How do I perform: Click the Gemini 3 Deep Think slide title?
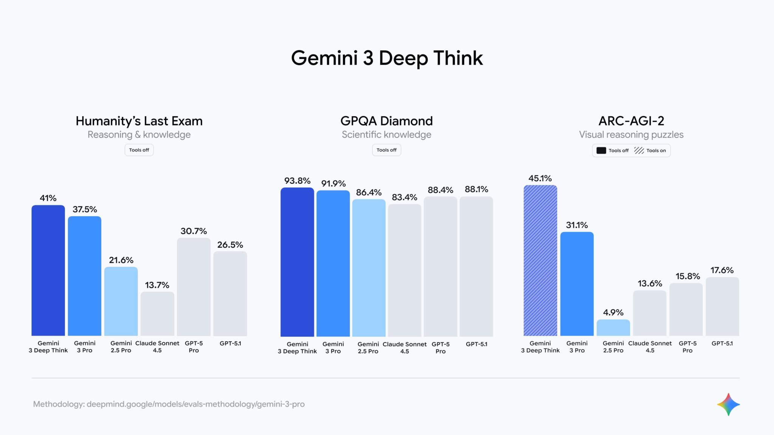(x=387, y=58)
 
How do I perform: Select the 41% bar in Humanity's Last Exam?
(x=48, y=270)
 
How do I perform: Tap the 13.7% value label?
(x=157, y=285)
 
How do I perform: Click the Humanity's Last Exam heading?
(x=139, y=121)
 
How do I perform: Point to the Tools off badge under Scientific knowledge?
(x=386, y=150)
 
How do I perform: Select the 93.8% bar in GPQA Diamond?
(x=297, y=262)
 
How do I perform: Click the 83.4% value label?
(x=404, y=197)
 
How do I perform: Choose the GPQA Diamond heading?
(x=386, y=121)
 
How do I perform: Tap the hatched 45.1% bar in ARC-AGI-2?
(x=540, y=261)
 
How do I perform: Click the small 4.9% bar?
(x=613, y=328)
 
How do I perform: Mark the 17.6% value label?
(x=722, y=270)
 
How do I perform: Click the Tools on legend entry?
(x=651, y=150)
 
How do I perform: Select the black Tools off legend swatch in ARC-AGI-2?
(x=601, y=150)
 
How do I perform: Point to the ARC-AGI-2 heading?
(x=631, y=121)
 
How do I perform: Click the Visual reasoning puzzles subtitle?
(x=631, y=134)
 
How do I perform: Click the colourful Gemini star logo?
(x=728, y=404)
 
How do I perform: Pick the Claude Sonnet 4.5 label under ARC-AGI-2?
(x=650, y=347)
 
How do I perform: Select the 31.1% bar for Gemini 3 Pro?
(x=577, y=284)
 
